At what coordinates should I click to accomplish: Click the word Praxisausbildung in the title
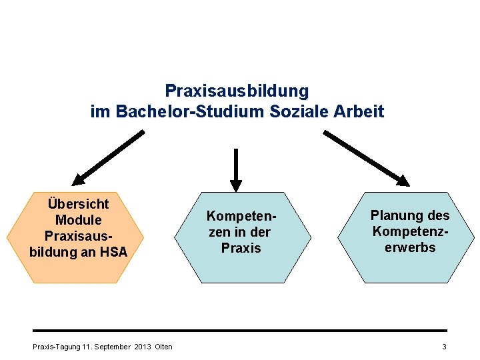coord(237,90)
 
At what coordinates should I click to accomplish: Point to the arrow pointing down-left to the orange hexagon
coord(108,157)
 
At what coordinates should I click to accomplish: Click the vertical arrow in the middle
coord(235,169)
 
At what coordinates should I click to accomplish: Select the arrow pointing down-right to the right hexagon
coord(366,157)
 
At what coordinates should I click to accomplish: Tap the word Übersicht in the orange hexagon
coord(78,203)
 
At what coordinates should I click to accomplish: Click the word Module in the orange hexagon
coord(78,220)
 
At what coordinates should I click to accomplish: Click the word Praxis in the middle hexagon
coord(241,248)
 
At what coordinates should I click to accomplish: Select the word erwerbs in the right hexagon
coord(410,247)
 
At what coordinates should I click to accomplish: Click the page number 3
coord(444,346)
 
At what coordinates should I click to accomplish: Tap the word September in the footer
coord(113,346)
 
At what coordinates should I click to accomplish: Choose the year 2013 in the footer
coord(143,346)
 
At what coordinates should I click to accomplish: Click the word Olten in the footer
coord(163,346)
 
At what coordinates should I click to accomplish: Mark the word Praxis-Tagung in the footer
coord(57,346)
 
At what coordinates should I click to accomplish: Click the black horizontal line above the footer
coord(240,331)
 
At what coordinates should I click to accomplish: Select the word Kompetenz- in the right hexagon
coord(410,231)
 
